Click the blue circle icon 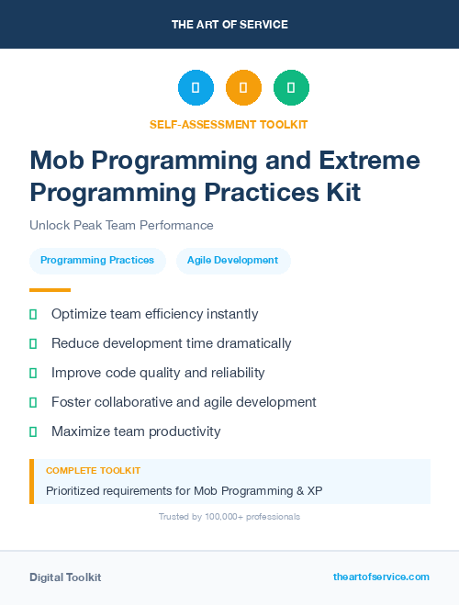click(196, 88)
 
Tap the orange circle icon click(243, 88)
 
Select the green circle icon click(291, 88)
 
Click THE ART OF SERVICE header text click(229, 25)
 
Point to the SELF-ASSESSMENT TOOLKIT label click(229, 124)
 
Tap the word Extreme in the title click(371, 162)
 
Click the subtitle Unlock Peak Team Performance click(121, 226)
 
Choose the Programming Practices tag click(97, 261)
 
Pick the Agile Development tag click(232, 261)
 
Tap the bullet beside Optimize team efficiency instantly click(33, 314)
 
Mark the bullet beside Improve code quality click(33, 373)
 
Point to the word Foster click(72, 402)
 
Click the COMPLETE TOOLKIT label click(93, 470)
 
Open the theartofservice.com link click(381, 577)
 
